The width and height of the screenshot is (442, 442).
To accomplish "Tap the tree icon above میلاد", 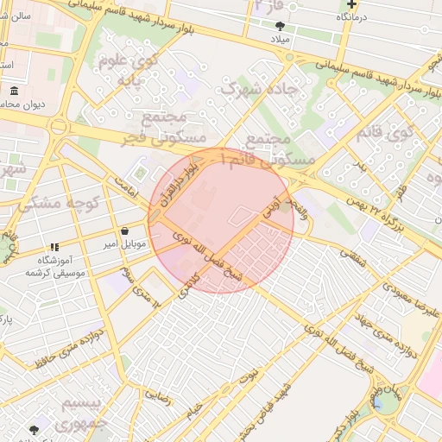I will point(280,26).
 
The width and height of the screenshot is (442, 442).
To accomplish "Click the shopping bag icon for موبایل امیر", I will point(125,231).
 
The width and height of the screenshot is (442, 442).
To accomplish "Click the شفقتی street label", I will point(354,256).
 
